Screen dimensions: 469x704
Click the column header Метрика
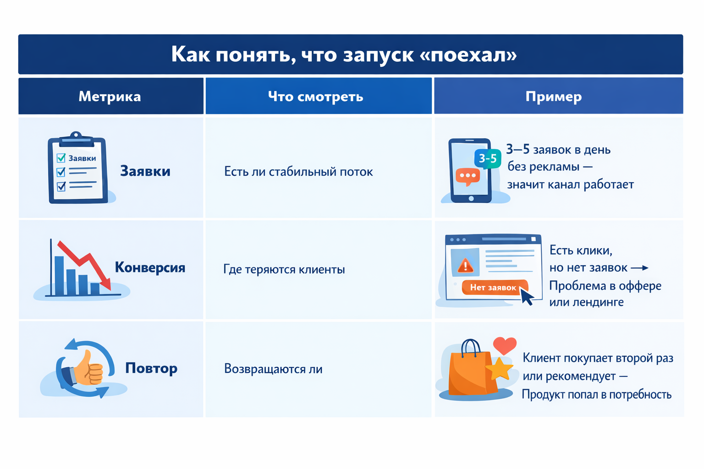point(110,96)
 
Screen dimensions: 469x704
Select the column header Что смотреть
point(315,96)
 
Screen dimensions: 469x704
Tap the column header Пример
point(553,96)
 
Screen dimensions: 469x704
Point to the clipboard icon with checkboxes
point(77,169)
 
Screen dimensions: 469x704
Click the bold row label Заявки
point(145,171)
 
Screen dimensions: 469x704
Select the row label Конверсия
point(150,267)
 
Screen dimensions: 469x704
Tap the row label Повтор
point(151,368)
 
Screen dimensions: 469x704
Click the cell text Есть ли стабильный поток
point(298,172)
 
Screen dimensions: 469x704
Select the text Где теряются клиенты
point(284,269)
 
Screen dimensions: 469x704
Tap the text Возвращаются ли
point(273,369)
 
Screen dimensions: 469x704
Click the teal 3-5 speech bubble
point(488,158)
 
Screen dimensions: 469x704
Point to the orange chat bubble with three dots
point(467,176)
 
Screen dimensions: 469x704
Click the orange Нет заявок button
point(493,287)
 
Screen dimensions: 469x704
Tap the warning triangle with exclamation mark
point(466,265)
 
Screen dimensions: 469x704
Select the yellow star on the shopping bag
point(499,368)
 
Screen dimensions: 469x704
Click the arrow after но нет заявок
point(639,268)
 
